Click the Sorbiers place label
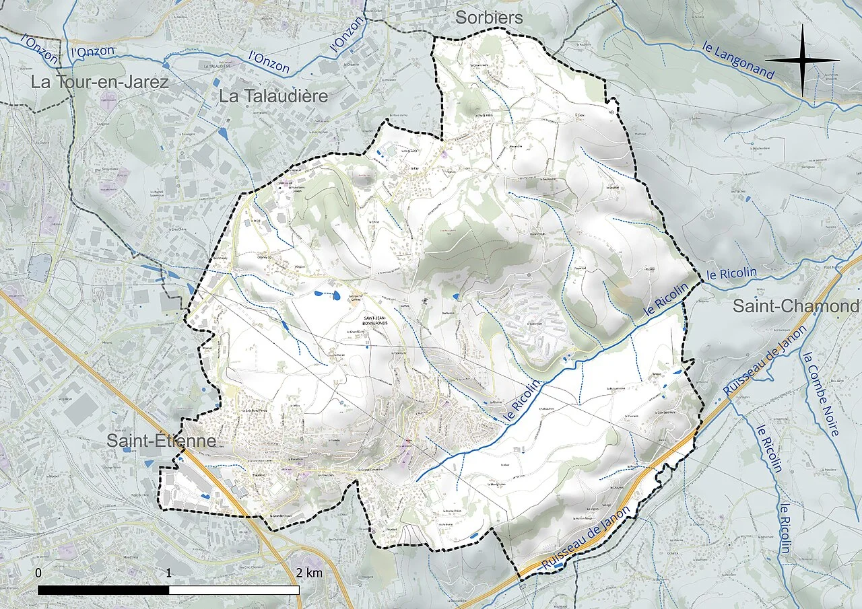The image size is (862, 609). tap(489, 17)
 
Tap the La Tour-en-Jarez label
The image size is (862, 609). tap(100, 82)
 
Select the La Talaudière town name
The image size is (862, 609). tap(273, 96)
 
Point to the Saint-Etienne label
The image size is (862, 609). tap(162, 441)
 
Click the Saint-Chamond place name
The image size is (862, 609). tap(795, 306)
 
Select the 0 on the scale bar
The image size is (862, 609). tap(38, 573)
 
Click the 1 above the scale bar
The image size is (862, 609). tap(168, 573)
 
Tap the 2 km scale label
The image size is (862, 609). tap(309, 573)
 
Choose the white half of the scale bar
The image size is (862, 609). tap(234, 589)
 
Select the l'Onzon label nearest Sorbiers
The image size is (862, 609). tap(345, 34)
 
